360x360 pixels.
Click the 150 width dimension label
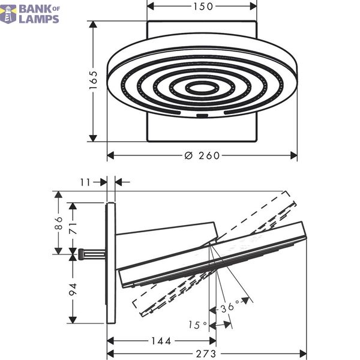(203, 7)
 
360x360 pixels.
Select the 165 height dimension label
(94, 80)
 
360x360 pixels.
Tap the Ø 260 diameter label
(202, 155)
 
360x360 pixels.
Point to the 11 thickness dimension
(85, 182)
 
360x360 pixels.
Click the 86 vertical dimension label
(59, 223)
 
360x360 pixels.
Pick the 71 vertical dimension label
(73, 228)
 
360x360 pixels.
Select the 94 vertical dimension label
(73, 289)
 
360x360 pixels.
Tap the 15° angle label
(197, 325)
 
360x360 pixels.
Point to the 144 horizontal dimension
(161, 341)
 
